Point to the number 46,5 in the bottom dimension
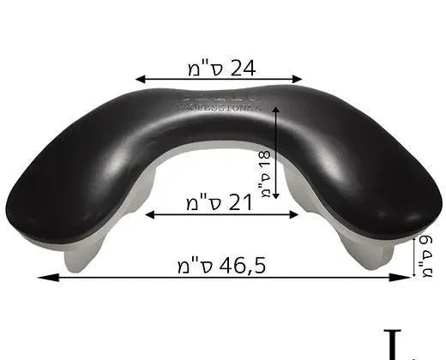tap(241, 265)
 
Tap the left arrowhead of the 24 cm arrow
tap(139, 79)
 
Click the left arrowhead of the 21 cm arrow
tap(148, 214)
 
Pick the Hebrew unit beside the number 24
tap(200, 66)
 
